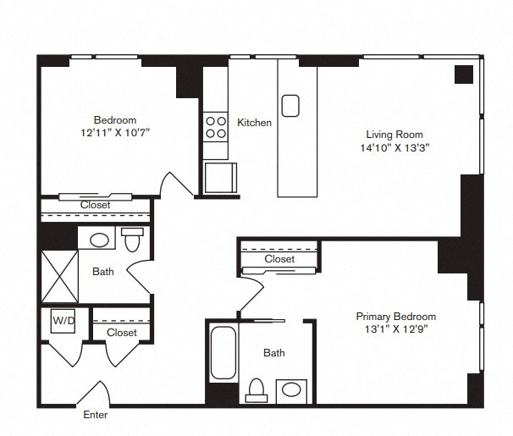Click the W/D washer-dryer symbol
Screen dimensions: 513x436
click(x=63, y=321)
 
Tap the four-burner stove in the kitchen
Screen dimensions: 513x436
click(x=216, y=127)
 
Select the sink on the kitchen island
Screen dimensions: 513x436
click(x=290, y=106)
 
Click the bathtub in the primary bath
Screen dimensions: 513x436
click(x=223, y=352)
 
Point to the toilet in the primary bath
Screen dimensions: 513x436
click(x=256, y=390)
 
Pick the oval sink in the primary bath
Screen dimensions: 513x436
click(x=291, y=390)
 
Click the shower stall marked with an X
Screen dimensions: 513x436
click(x=60, y=277)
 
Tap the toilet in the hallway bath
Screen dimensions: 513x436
click(x=132, y=240)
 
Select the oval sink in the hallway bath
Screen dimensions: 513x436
click(x=99, y=240)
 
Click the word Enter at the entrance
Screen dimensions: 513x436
click(x=95, y=415)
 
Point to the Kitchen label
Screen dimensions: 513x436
click(x=254, y=123)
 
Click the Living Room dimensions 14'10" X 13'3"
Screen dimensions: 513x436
click(x=394, y=148)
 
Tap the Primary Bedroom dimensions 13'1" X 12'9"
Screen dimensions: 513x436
click(x=396, y=328)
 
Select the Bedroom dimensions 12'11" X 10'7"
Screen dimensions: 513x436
click(x=115, y=132)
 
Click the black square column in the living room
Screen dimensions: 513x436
click(x=464, y=75)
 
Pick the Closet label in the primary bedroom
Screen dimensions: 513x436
click(x=279, y=259)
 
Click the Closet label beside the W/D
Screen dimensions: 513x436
click(x=122, y=333)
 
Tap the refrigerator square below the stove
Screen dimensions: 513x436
click(x=220, y=178)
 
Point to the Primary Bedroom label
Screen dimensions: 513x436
click(x=396, y=317)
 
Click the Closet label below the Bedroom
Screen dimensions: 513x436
click(x=95, y=205)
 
